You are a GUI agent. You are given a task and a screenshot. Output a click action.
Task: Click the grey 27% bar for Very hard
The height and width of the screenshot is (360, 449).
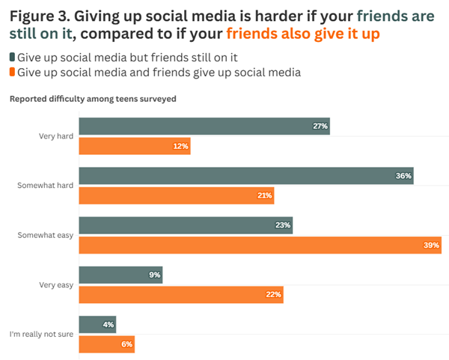[x=204, y=126]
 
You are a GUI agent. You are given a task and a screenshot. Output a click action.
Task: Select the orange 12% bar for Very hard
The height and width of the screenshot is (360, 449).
[x=134, y=146]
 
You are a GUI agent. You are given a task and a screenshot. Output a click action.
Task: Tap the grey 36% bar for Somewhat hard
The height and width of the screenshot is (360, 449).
[x=245, y=176]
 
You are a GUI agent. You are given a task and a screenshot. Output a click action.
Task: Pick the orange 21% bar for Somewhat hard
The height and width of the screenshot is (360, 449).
[x=176, y=195]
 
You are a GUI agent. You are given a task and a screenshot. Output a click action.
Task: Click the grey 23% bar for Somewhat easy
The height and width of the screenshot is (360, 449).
[x=185, y=225]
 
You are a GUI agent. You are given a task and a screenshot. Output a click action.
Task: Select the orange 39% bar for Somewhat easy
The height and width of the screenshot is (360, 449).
[x=260, y=245]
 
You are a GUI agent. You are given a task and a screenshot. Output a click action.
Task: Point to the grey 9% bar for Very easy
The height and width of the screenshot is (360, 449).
[x=120, y=275]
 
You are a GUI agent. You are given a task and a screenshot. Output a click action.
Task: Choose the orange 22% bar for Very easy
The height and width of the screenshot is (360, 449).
[x=180, y=294]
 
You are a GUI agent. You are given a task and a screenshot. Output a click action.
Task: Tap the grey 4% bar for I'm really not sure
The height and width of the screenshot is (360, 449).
[x=97, y=324]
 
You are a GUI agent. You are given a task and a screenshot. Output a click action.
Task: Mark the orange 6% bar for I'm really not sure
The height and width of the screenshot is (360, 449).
[x=106, y=344]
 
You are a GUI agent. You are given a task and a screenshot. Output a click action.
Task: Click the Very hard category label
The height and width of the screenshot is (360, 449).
[x=56, y=136]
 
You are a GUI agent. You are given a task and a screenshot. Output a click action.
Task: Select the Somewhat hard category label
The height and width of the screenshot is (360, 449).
[x=46, y=186]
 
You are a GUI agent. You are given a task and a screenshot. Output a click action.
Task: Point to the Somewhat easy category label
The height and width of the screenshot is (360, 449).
[x=46, y=235]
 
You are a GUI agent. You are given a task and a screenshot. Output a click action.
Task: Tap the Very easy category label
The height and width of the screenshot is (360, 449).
[x=56, y=284]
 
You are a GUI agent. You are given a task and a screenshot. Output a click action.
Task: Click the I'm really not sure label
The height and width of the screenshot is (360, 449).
[x=41, y=334]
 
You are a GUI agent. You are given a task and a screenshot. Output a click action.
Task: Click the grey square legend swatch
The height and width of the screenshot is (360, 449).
[x=13, y=58]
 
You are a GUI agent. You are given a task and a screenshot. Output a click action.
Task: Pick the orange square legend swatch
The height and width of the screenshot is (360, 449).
[x=13, y=72]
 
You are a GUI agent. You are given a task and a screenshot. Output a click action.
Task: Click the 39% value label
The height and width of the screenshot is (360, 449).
[x=431, y=245]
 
